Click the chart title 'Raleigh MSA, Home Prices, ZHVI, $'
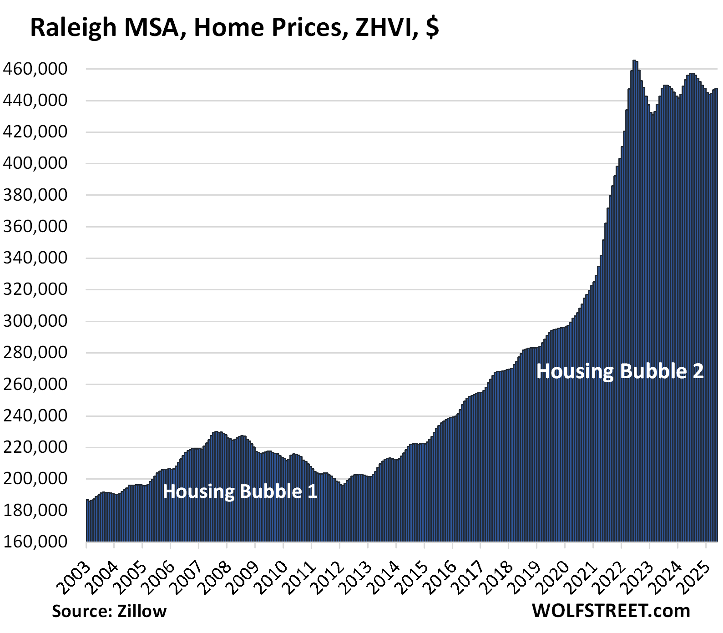pos(234,27)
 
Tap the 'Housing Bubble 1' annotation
pos(240,491)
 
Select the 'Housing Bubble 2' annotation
pos(620,371)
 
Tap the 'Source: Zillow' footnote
pos(109,611)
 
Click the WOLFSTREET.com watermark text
pos(611,611)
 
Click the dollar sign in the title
pos(433,27)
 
